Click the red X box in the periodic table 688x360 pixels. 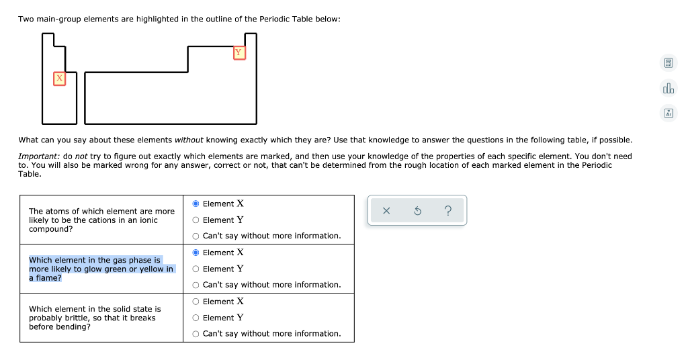pos(60,79)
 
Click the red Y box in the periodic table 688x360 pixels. pos(239,53)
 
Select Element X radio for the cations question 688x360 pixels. pos(196,204)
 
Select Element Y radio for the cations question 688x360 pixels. pos(196,220)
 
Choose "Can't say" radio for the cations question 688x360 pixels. pos(196,236)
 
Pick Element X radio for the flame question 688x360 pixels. pos(196,253)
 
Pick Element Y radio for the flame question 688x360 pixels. pos(196,269)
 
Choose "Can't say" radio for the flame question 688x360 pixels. pos(196,285)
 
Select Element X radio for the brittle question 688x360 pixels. pos(196,302)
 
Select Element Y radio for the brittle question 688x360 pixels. pos(196,318)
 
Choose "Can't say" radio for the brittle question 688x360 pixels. pos(196,334)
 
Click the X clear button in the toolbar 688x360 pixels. pos(386,211)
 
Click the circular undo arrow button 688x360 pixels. pos(417,211)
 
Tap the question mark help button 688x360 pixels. pos(448,211)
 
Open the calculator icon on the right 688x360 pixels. pos(668,64)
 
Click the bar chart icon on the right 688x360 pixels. pos(668,89)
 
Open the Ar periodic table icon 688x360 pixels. pos(668,114)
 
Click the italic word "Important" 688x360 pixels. pos(39,156)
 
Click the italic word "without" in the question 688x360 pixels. pos(189,140)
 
